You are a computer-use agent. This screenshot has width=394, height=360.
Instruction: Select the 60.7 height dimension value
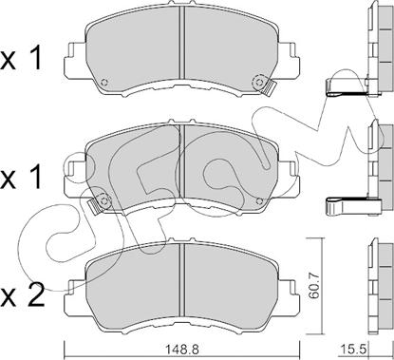click(314, 286)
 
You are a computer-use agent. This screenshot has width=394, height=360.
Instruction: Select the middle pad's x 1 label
click(21, 178)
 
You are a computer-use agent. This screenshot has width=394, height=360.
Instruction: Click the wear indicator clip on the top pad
click(269, 88)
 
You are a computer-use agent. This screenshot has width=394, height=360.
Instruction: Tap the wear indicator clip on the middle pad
click(95, 205)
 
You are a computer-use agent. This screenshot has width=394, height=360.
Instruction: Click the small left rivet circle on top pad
click(104, 83)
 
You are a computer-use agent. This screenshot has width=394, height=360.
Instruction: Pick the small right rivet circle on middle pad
click(259, 200)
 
